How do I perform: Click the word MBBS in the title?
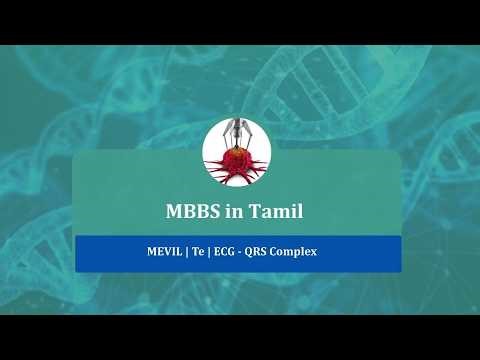(187, 212)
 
